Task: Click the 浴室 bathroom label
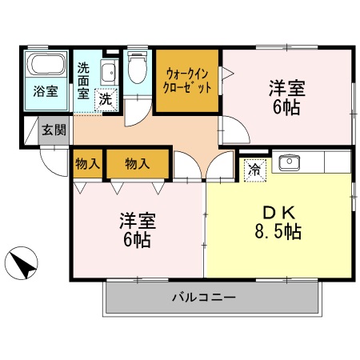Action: [x=46, y=91]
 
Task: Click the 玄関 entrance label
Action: [x=54, y=130]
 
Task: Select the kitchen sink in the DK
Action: [x=287, y=163]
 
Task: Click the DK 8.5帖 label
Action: [x=272, y=224]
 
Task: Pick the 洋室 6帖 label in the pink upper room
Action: [x=286, y=96]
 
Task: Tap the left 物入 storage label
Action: [x=87, y=164]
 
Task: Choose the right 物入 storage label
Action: [x=137, y=164]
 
